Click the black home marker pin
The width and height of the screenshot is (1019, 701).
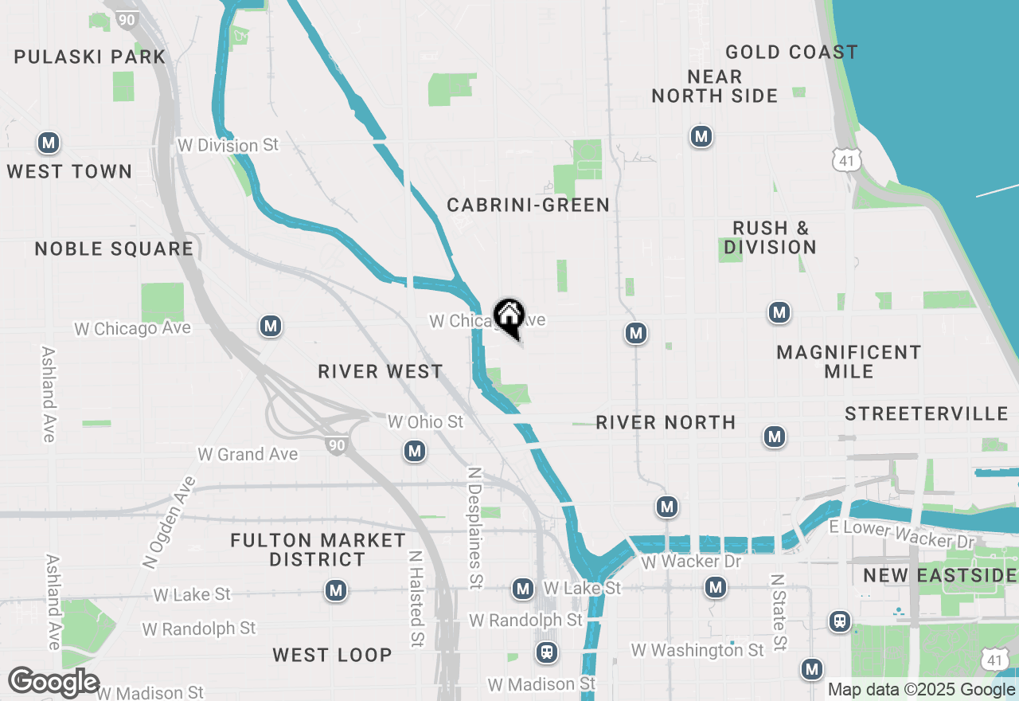point(509,316)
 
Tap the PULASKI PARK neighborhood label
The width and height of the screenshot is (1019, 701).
point(90,57)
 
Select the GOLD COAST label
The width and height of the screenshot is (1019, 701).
point(791,53)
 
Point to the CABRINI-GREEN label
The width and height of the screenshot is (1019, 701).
point(529,205)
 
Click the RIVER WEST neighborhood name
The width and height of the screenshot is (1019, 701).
point(381,371)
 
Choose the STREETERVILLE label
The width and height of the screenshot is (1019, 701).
point(927,413)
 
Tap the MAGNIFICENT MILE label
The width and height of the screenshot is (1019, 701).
point(849,362)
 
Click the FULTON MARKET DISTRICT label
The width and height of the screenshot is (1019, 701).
point(318,550)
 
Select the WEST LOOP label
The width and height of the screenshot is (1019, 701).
point(332,655)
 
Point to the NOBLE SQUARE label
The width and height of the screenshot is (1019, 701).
point(114,249)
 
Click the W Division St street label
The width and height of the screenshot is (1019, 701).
point(228,145)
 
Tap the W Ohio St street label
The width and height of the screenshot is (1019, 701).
point(425,421)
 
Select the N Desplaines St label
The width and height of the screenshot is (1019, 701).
point(475,527)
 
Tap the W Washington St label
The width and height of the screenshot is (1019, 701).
point(697,651)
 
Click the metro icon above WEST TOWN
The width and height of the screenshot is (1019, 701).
point(49,143)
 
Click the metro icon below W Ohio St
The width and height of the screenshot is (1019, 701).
point(414,452)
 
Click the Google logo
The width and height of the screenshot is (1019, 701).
point(53,682)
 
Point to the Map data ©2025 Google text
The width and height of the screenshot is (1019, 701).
point(921,690)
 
